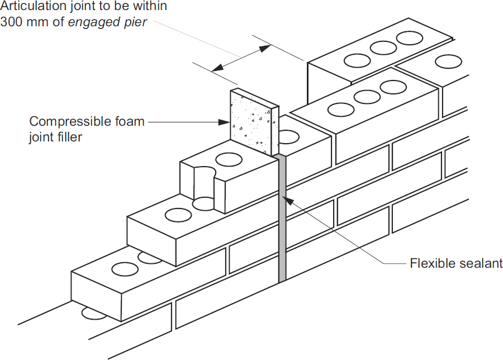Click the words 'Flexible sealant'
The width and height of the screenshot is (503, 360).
pyautogui.click(x=456, y=263)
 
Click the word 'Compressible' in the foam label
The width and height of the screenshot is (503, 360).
pyautogui.click(x=66, y=121)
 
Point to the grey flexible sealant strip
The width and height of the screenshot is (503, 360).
pyautogui.click(x=282, y=224)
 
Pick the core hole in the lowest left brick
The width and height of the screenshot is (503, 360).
pyautogui.click(x=125, y=269)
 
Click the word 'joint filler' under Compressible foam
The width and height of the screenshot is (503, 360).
pyautogui.click(x=55, y=137)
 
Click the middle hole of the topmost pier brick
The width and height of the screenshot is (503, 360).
pyautogui.click(x=383, y=48)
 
